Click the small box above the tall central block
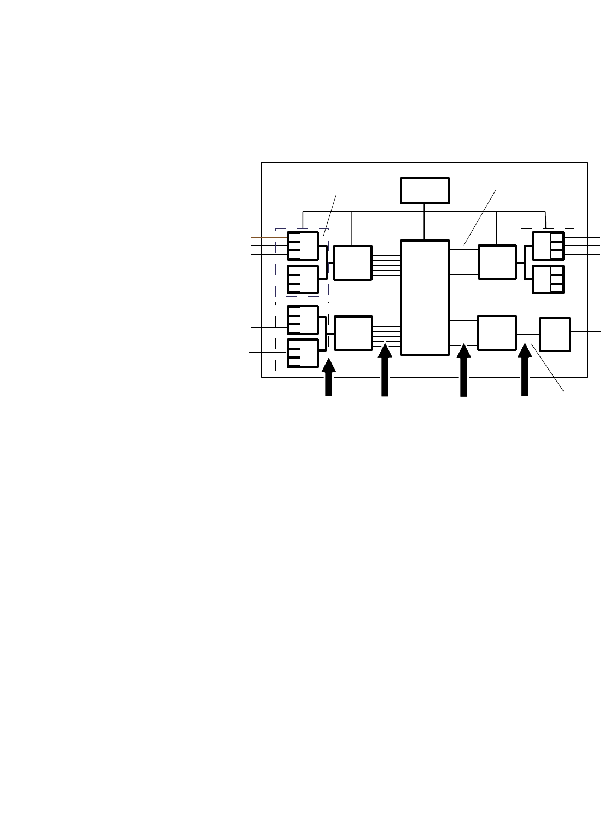[x=425, y=190]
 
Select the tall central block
[x=425, y=297]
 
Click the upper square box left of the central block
[x=353, y=263]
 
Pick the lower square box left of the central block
[x=353, y=333]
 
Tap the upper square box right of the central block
[x=497, y=262]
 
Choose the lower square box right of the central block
[x=497, y=332]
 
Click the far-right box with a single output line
[x=555, y=333]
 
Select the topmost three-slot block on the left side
[x=303, y=246]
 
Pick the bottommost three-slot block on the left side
[x=303, y=353]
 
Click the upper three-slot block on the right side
[x=548, y=246]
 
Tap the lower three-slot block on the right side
[x=548, y=279]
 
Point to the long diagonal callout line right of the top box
[x=480, y=218]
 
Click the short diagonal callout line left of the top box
[x=330, y=215]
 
